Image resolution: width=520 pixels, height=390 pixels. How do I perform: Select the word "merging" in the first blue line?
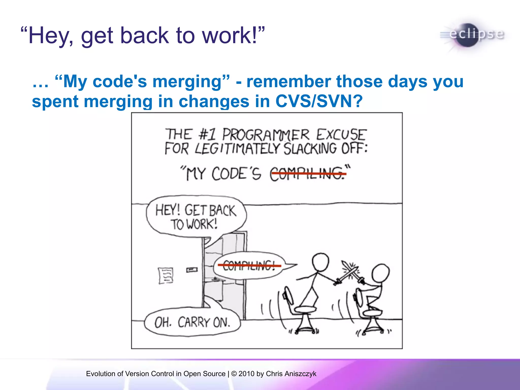187,82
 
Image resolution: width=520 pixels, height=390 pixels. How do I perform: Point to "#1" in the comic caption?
207,134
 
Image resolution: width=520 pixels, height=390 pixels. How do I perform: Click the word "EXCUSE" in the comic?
341,134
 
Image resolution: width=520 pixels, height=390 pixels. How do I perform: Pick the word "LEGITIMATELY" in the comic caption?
237,149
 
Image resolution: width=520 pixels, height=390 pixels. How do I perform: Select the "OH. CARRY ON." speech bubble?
192,322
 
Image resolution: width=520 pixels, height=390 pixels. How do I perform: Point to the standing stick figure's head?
320,262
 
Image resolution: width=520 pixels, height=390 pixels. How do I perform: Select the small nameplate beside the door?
192,270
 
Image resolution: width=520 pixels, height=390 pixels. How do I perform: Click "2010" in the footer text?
246,374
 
